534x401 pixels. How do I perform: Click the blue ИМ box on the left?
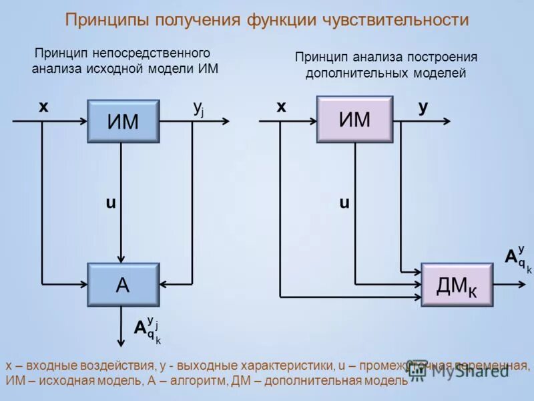(x=123, y=122)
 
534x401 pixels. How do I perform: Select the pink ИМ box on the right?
(x=354, y=120)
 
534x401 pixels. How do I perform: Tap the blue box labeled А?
(x=123, y=285)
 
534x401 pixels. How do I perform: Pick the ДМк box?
(x=457, y=285)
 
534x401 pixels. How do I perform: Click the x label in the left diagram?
(x=43, y=107)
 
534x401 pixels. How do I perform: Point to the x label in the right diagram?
(x=282, y=107)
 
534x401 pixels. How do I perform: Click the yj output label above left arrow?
(x=198, y=108)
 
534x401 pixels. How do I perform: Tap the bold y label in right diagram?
(x=423, y=108)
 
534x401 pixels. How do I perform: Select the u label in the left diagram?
(x=110, y=203)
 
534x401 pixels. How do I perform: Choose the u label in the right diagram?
(x=344, y=203)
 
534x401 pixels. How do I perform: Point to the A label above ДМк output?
(x=511, y=257)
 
